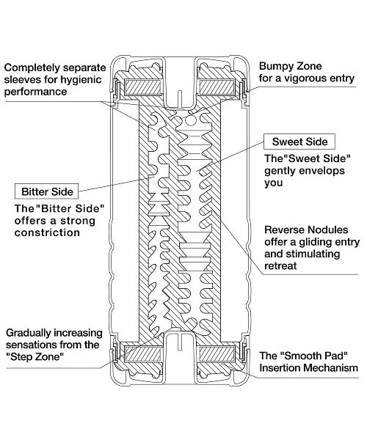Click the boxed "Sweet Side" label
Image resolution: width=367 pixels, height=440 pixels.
pyautogui.click(x=299, y=142)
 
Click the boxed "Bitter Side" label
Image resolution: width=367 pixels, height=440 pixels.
pyautogui.click(x=47, y=191)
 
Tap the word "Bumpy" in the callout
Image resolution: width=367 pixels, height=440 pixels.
pyautogui.click(x=276, y=66)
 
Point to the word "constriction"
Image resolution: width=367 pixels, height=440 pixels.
pyautogui.click(x=47, y=232)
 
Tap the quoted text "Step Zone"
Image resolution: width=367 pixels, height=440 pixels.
pyautogui.click(x=35, y=356)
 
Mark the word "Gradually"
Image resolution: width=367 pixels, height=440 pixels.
pyautogui.click(x=29, y=333)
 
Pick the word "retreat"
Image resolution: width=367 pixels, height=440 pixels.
pyautogui.click(x=280, y=265)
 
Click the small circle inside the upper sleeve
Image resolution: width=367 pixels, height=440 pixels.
pyautogui.click(x=190, y=121)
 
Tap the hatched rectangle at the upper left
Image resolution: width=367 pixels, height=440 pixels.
pyautogui.click(x=143, y=87)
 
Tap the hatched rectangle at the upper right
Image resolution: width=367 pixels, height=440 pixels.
pyautogui.click(x=217, y=87)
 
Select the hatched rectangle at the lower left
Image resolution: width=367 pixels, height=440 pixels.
pyautogui.click(x=143, y=353)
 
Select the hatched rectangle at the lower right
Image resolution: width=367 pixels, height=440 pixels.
pyautogui.click(x=217, y=353)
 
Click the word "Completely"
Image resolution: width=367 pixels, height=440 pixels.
pyautogui.click(x=32, y=68)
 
